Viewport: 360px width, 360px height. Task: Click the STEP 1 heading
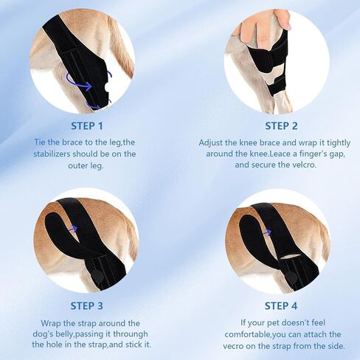pyautogui.click(x=86, y=126)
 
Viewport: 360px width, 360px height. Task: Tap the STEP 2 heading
pyautogui.click(x=281, y=126)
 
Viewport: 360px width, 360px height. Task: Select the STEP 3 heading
pyautogui.click(x=86, y=306)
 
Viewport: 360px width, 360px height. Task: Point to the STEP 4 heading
pyautogui.click(x=281, y=306)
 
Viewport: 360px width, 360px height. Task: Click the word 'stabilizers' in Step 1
pyautogui.click(x=52, y=154)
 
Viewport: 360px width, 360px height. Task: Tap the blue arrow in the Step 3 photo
pyautogui.click(x=73, y=229)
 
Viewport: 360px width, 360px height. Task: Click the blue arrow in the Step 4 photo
pyautogui.click(x=267, y=232)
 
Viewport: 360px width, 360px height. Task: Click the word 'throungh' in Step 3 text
pyautogui.click(x=131, y=334)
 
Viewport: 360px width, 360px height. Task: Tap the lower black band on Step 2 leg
pyautogui.click(x=276, y=86)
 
